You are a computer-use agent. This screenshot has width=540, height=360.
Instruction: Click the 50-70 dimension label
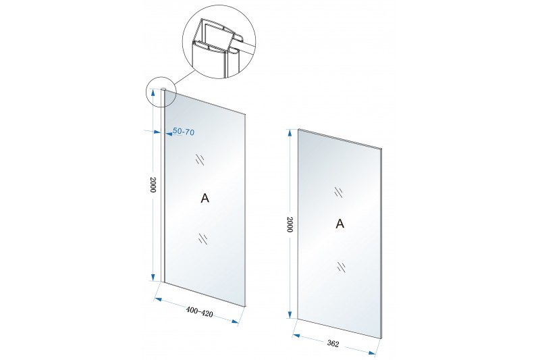click(x=184, y=131)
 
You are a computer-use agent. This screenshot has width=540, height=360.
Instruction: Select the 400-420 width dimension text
click(x=199, y=312)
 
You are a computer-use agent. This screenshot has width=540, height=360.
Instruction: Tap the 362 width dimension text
click(x=333, y=344)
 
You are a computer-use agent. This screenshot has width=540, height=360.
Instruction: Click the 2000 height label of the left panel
click(x=153, y=184)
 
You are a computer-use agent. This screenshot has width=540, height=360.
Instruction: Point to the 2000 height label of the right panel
click(x=290, y=224)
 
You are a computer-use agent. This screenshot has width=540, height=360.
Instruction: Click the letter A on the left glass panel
click(x=205, y=198)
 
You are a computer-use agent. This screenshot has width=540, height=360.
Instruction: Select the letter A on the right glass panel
click(x=340, y=224)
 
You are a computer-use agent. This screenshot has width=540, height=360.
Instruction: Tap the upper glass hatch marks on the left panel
click(x=200, y=160)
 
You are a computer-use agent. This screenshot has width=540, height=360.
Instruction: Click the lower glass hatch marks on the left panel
click(x=203, y=238)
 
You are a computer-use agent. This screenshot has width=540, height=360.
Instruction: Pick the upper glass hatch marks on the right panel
click(x=339, y=192)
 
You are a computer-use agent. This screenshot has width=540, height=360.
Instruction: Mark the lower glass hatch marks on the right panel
click(x=342, y=267)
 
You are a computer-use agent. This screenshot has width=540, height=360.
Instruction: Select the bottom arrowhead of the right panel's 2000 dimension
click(x=290, y=314)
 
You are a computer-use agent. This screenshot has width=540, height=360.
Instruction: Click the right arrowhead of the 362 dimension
click(x=371, y=353)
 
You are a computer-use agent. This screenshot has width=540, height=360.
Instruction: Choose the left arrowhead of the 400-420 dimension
click(x=159, y=299)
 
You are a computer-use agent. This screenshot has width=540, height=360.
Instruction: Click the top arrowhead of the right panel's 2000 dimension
click(x=290, y=134)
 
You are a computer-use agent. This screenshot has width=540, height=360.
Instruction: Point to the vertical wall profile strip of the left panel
click(x=163, y=186)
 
